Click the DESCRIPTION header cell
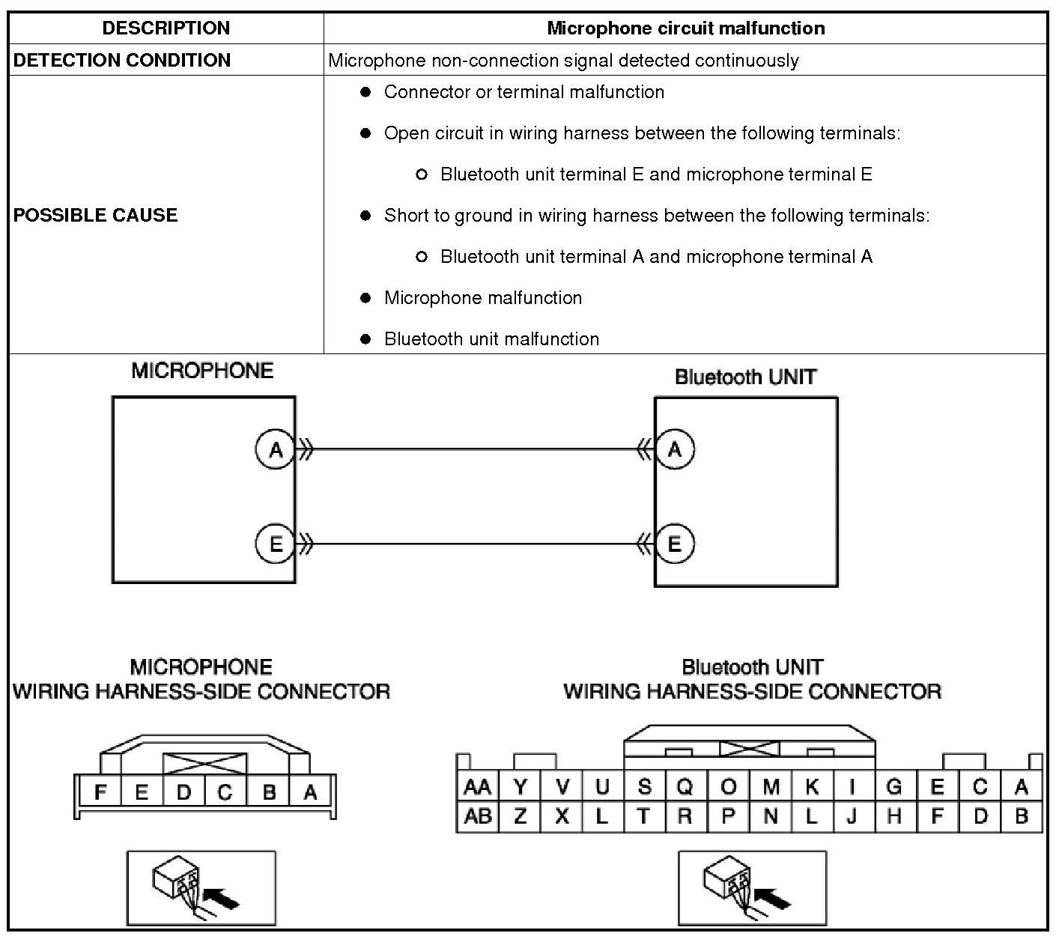point(166,28)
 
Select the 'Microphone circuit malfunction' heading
point(685,28)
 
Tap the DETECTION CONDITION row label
point(122,61)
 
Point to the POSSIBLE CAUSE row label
point(96,215)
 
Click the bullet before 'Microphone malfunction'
point(365,298)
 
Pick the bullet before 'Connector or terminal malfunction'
point(365,92)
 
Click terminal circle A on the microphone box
point(276,450)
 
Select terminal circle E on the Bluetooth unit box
point(675,544)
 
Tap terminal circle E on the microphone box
point(276,544)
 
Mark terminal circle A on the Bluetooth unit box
point(675,450)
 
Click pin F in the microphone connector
point(100,791)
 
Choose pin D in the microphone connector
point(183,791)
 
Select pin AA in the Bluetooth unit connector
point(477,787)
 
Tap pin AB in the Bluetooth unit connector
point(477,816)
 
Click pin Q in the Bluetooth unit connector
point(685,787)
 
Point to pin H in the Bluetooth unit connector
point(893,816)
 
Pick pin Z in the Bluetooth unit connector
point(520,816)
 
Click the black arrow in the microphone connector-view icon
point(222,897)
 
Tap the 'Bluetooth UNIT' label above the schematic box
point(745,377)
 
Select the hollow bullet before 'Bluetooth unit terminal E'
point(422,174)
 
